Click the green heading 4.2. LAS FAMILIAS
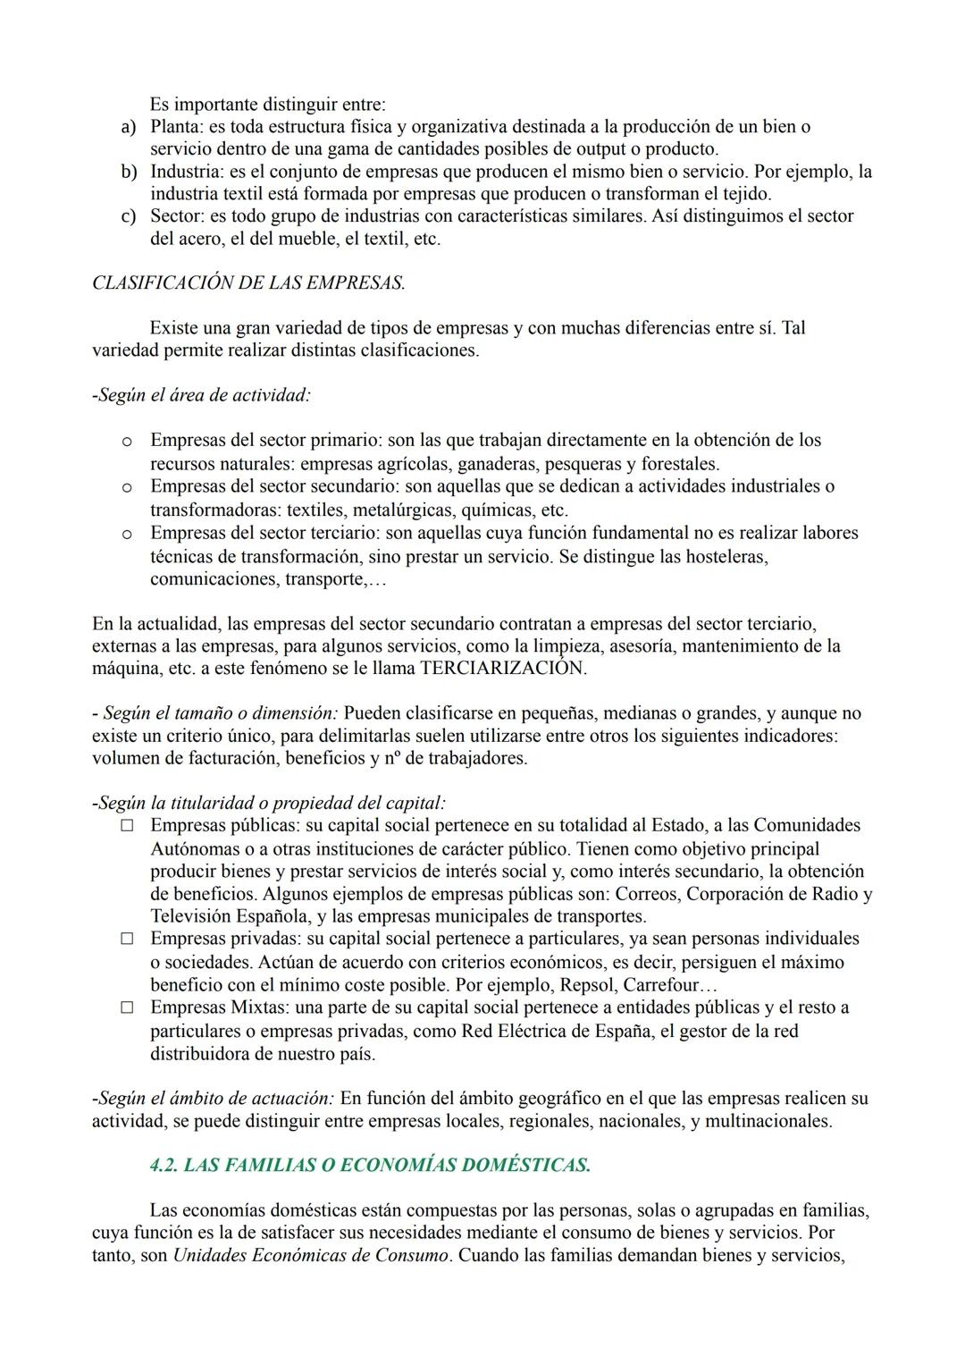point(370,1165)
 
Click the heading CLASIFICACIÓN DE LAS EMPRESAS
point(248,283)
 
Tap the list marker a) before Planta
point(128,127)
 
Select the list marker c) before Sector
point(128,216)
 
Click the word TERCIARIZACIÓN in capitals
point(503,668)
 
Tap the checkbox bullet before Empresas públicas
point(128,826)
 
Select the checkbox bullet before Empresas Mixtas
point(128,1007)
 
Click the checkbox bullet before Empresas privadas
point(128,939)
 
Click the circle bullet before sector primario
point(127,441)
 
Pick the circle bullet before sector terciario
point(127,534)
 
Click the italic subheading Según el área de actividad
point(202,394)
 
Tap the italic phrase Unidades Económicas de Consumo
point(310,1255)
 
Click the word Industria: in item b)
point(186,172)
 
